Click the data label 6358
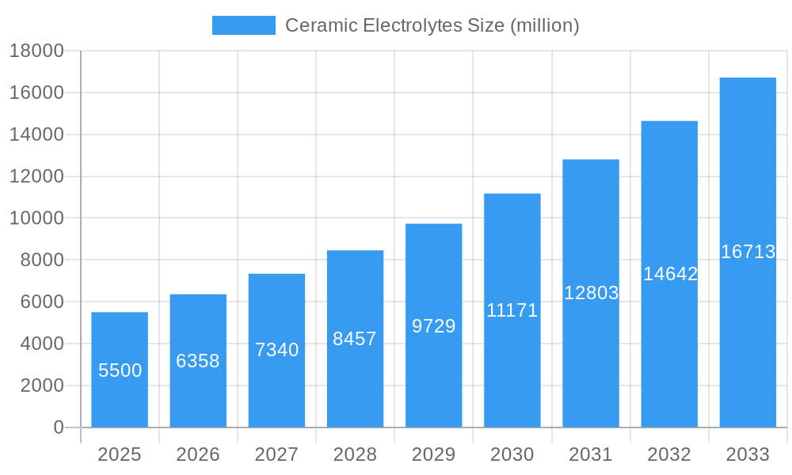coord(198,361)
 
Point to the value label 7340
coord(276,350)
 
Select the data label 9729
coord(433,326)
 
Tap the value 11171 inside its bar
coord(512,310)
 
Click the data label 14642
coord(670,274)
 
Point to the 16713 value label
coord(748,252)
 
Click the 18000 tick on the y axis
coord(36,51)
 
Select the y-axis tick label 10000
coord(36,218)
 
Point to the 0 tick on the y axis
coord(58,427)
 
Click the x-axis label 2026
coord(198,454)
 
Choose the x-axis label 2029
coord(433,454)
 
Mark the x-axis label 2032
coord(669,454)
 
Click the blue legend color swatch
coord(244,25)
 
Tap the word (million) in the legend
coord(545,25)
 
